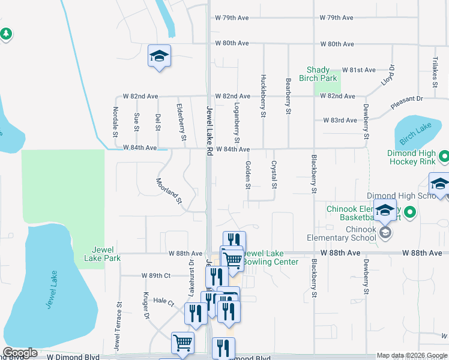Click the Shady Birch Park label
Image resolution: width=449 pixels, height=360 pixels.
coord(322,74)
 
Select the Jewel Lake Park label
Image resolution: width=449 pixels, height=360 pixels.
coord(106,254)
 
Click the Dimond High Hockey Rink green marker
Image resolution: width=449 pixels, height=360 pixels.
coord(444,157)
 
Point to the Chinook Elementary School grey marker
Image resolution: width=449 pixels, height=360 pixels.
coord(384,233)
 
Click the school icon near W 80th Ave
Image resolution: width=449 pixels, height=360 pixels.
coord(159,56)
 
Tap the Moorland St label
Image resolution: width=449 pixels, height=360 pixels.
coord(169,190)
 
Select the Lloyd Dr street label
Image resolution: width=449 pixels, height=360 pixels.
coord(388,75)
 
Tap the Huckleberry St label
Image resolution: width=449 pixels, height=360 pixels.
coord(263,95)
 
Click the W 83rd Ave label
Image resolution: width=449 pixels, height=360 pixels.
coord(340,121)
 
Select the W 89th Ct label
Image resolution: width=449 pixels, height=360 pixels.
coord(157,275)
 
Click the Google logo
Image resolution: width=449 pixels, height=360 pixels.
coord(20,353)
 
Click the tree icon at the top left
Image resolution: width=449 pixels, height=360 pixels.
coord(7,34)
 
